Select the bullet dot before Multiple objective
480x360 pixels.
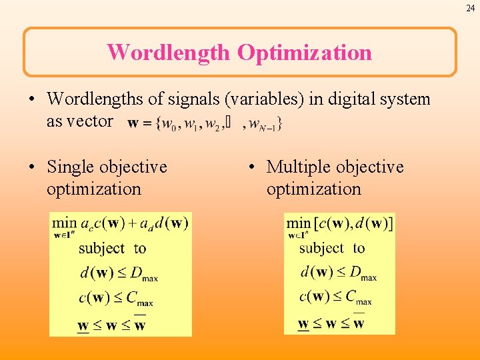[x=252, y=167]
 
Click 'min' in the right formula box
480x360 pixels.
[x=298, y=223]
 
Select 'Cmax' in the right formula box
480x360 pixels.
[x=359, y=297]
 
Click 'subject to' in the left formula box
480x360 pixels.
[x=112, y=249]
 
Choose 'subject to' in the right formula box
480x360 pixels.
[x=332, y=249]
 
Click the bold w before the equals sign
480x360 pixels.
[x=133, y=123]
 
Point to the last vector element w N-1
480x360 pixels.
[x=268, y=124]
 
